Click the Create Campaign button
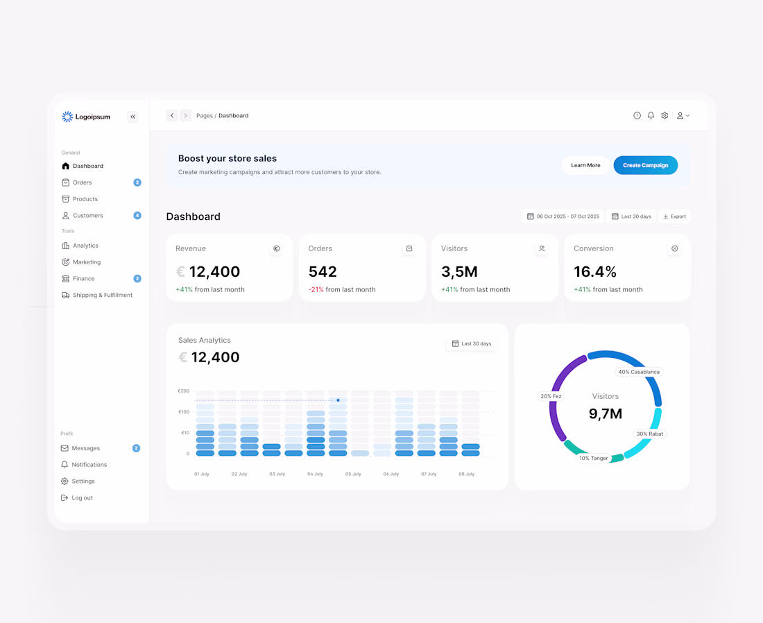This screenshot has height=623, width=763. point(645,165)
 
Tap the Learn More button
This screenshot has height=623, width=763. point(585,165)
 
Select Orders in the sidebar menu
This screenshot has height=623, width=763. point(83,182)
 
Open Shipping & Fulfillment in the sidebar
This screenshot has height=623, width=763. point(97,295)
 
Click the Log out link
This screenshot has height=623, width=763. point(77,497)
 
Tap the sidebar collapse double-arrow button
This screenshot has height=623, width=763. point(133,117)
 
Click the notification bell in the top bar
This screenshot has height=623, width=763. point(651,115)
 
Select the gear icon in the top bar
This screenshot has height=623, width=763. point(665,115)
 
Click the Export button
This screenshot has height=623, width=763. point(674,216)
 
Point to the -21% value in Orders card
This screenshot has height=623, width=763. point(316,289)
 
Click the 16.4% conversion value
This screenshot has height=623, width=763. point(595,271)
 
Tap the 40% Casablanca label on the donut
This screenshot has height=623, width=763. point(639,372)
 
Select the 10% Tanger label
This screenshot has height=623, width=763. point(593,458)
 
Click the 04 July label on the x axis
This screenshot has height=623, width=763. point(315,474)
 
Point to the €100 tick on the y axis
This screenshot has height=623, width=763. point(184,412)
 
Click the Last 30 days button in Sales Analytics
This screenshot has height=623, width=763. point(471,343)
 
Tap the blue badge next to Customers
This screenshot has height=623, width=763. point(137,215)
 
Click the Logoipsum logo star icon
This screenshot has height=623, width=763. point(67,117)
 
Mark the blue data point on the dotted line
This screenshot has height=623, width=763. point(338,400)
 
